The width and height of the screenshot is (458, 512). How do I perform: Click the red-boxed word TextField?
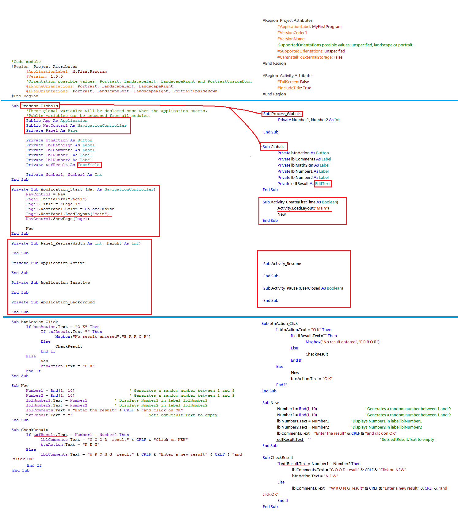pyautogui.click(x=89, y=165)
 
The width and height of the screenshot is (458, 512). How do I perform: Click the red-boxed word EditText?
pyautogui.click(x=323, y=183)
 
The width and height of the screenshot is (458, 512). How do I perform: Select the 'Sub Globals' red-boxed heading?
pyautogui.click(x=273, y=147)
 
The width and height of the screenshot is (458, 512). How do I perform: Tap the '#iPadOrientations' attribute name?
pyautogui.click(x=47, y=91)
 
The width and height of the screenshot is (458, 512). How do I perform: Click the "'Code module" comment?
pyautogui.click(x=26, y=62)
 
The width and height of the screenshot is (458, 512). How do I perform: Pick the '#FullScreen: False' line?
pyautogui.click(x=293, y=82)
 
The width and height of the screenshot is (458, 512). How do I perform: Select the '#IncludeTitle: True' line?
pyautogui.click(x=294, y=88)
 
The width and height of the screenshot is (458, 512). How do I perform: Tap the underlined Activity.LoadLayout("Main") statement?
pyautogui.click(x=303, y=208)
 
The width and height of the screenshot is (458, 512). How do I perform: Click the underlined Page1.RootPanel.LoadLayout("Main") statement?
pyautogui.click(x=67, y=214)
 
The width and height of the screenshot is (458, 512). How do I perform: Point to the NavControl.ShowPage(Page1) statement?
pyautogui.click(x=57, y=219)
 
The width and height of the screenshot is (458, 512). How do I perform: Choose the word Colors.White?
pyautogui.click(x=99, y=209)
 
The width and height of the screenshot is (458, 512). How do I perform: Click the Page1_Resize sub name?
pyautogui.click(x=55, y=243)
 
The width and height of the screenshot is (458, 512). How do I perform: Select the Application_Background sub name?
pyautogui.click(x=67, y=302)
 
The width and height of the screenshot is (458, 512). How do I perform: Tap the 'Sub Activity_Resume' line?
pyautogui.click(x=282, y=264)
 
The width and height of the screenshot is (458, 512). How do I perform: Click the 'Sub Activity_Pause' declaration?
pyautogui.click(x=303, y=288)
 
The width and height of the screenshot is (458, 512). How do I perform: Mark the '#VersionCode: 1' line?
pyautogui.click(x=292, y=33)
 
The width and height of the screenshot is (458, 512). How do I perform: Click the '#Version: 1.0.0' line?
pyautogui.click(x=44, y=76)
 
